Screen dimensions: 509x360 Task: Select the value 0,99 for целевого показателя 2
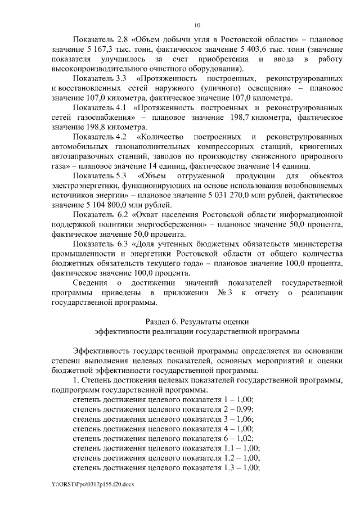click(x=244, y=408)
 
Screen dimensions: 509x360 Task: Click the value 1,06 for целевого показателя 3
click(x=244, y=418)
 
